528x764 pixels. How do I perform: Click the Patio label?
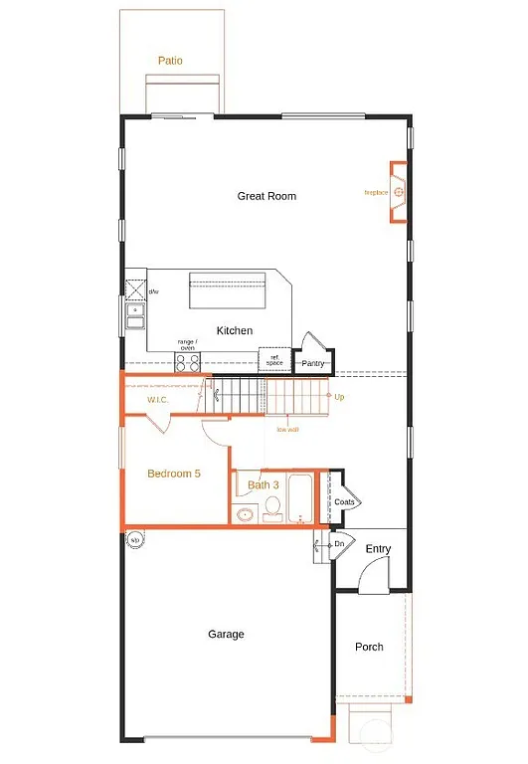pyautogui.click(x=170, y=61)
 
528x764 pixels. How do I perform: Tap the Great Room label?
pyautogui.click(x=266, y=196)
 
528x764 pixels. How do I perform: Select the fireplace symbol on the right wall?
pyautogui.click(x=399, y=191)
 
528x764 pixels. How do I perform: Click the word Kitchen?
pyautogui.click(x=235, y=330)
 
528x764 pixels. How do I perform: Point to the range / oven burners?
pyautogui.click(x=187, y=363)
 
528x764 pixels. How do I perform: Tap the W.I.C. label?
pyautogui.click(x=158, y=401)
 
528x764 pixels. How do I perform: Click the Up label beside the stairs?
pyautogui.click(x=339, y=397)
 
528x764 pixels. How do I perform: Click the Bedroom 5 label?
pyautogui.click(x=174, y=474)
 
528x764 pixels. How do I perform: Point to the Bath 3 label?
pyautogui.click(x=264, y=485)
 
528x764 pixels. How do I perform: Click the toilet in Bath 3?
pyautogui.click(x=271, y=512)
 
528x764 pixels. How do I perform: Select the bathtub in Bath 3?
pyautogui.click(x=298, y=497)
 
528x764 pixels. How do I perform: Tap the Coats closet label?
pyautogui.click(x=344, y=502)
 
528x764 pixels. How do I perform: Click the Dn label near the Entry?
pyautogui.click(x=338, y=544)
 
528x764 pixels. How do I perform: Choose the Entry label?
pyautogui.click(x=378, y=549)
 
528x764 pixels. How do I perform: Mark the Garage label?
pyautogui.click(x=226, y=634)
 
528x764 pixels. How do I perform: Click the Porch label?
pyautogui.click(x=369, y=647)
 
